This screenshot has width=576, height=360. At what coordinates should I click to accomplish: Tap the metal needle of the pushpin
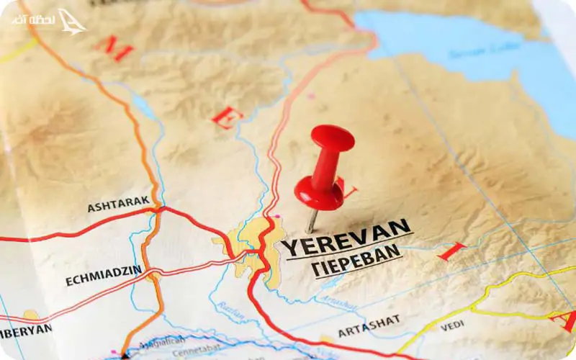click(312, 220)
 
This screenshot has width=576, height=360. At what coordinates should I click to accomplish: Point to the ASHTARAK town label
click(118, 204)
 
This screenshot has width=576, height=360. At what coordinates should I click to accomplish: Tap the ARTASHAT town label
click(369, 325)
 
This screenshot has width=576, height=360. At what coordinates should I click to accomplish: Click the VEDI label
click(451, 325)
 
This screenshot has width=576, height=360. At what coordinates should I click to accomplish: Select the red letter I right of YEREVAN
click(451, 252)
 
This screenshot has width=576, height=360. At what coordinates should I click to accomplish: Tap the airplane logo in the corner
click(71, 22)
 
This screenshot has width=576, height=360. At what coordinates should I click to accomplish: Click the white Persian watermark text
click(34, 20)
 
